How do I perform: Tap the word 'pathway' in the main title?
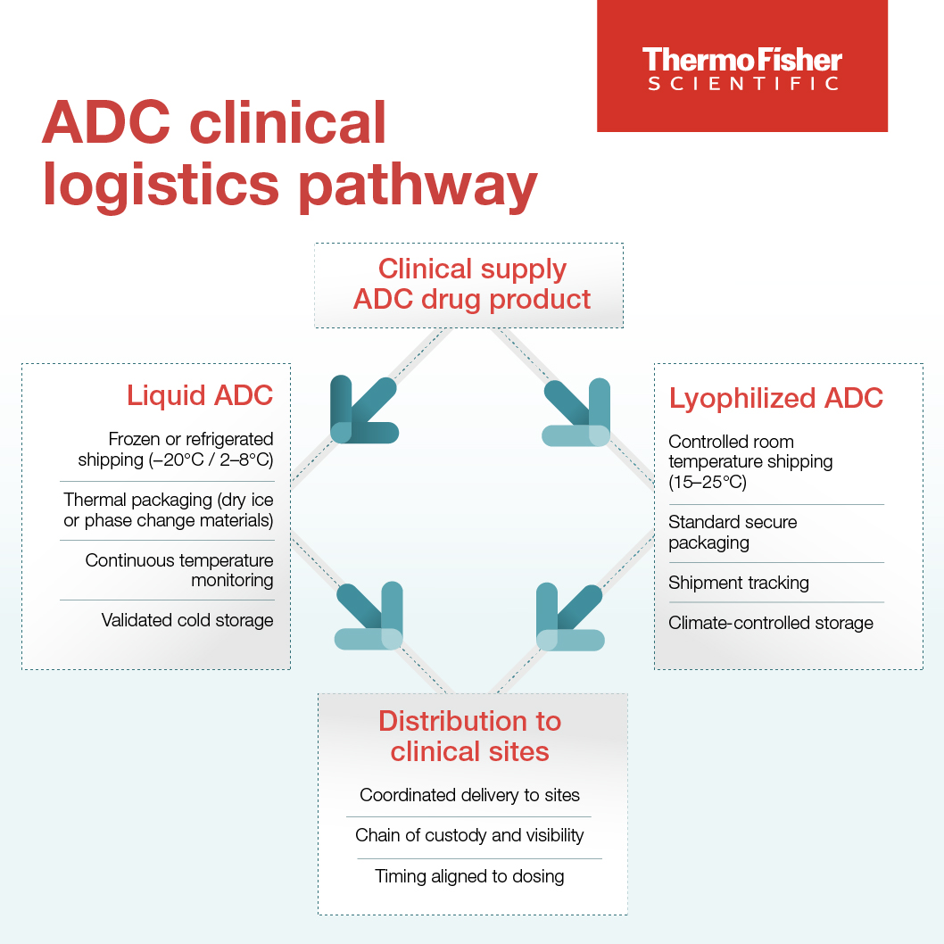[x=418, y=186]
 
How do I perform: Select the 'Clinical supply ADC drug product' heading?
[x=471, y=284]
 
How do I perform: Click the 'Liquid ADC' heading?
[x=200, y=395]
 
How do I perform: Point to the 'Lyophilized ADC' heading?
[x=776, y=399]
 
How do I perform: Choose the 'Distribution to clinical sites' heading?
[x=469, y=736]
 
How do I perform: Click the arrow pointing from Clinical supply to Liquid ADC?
[x=363, y=410]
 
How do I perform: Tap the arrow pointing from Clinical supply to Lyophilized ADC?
[x=576, y=412]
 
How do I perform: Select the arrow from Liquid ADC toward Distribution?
[x=368, y=616]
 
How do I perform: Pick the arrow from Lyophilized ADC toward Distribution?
[x=569, y=617]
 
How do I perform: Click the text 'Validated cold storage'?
[x=187, y=620]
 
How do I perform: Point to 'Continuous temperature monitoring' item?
[x=179, y=570]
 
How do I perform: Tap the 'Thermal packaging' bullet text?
[x=169, y=510]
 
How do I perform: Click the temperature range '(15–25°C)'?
[x=708, y=482]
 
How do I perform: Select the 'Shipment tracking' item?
[x=739, y=583]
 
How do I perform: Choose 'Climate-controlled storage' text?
[x=771, y=623]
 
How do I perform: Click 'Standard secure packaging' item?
[x=733, y=532]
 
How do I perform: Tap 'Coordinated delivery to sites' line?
[x=469, y=795]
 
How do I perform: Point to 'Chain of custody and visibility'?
[x=469, y=836]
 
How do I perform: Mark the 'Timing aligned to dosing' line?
[x=469, y=876]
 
